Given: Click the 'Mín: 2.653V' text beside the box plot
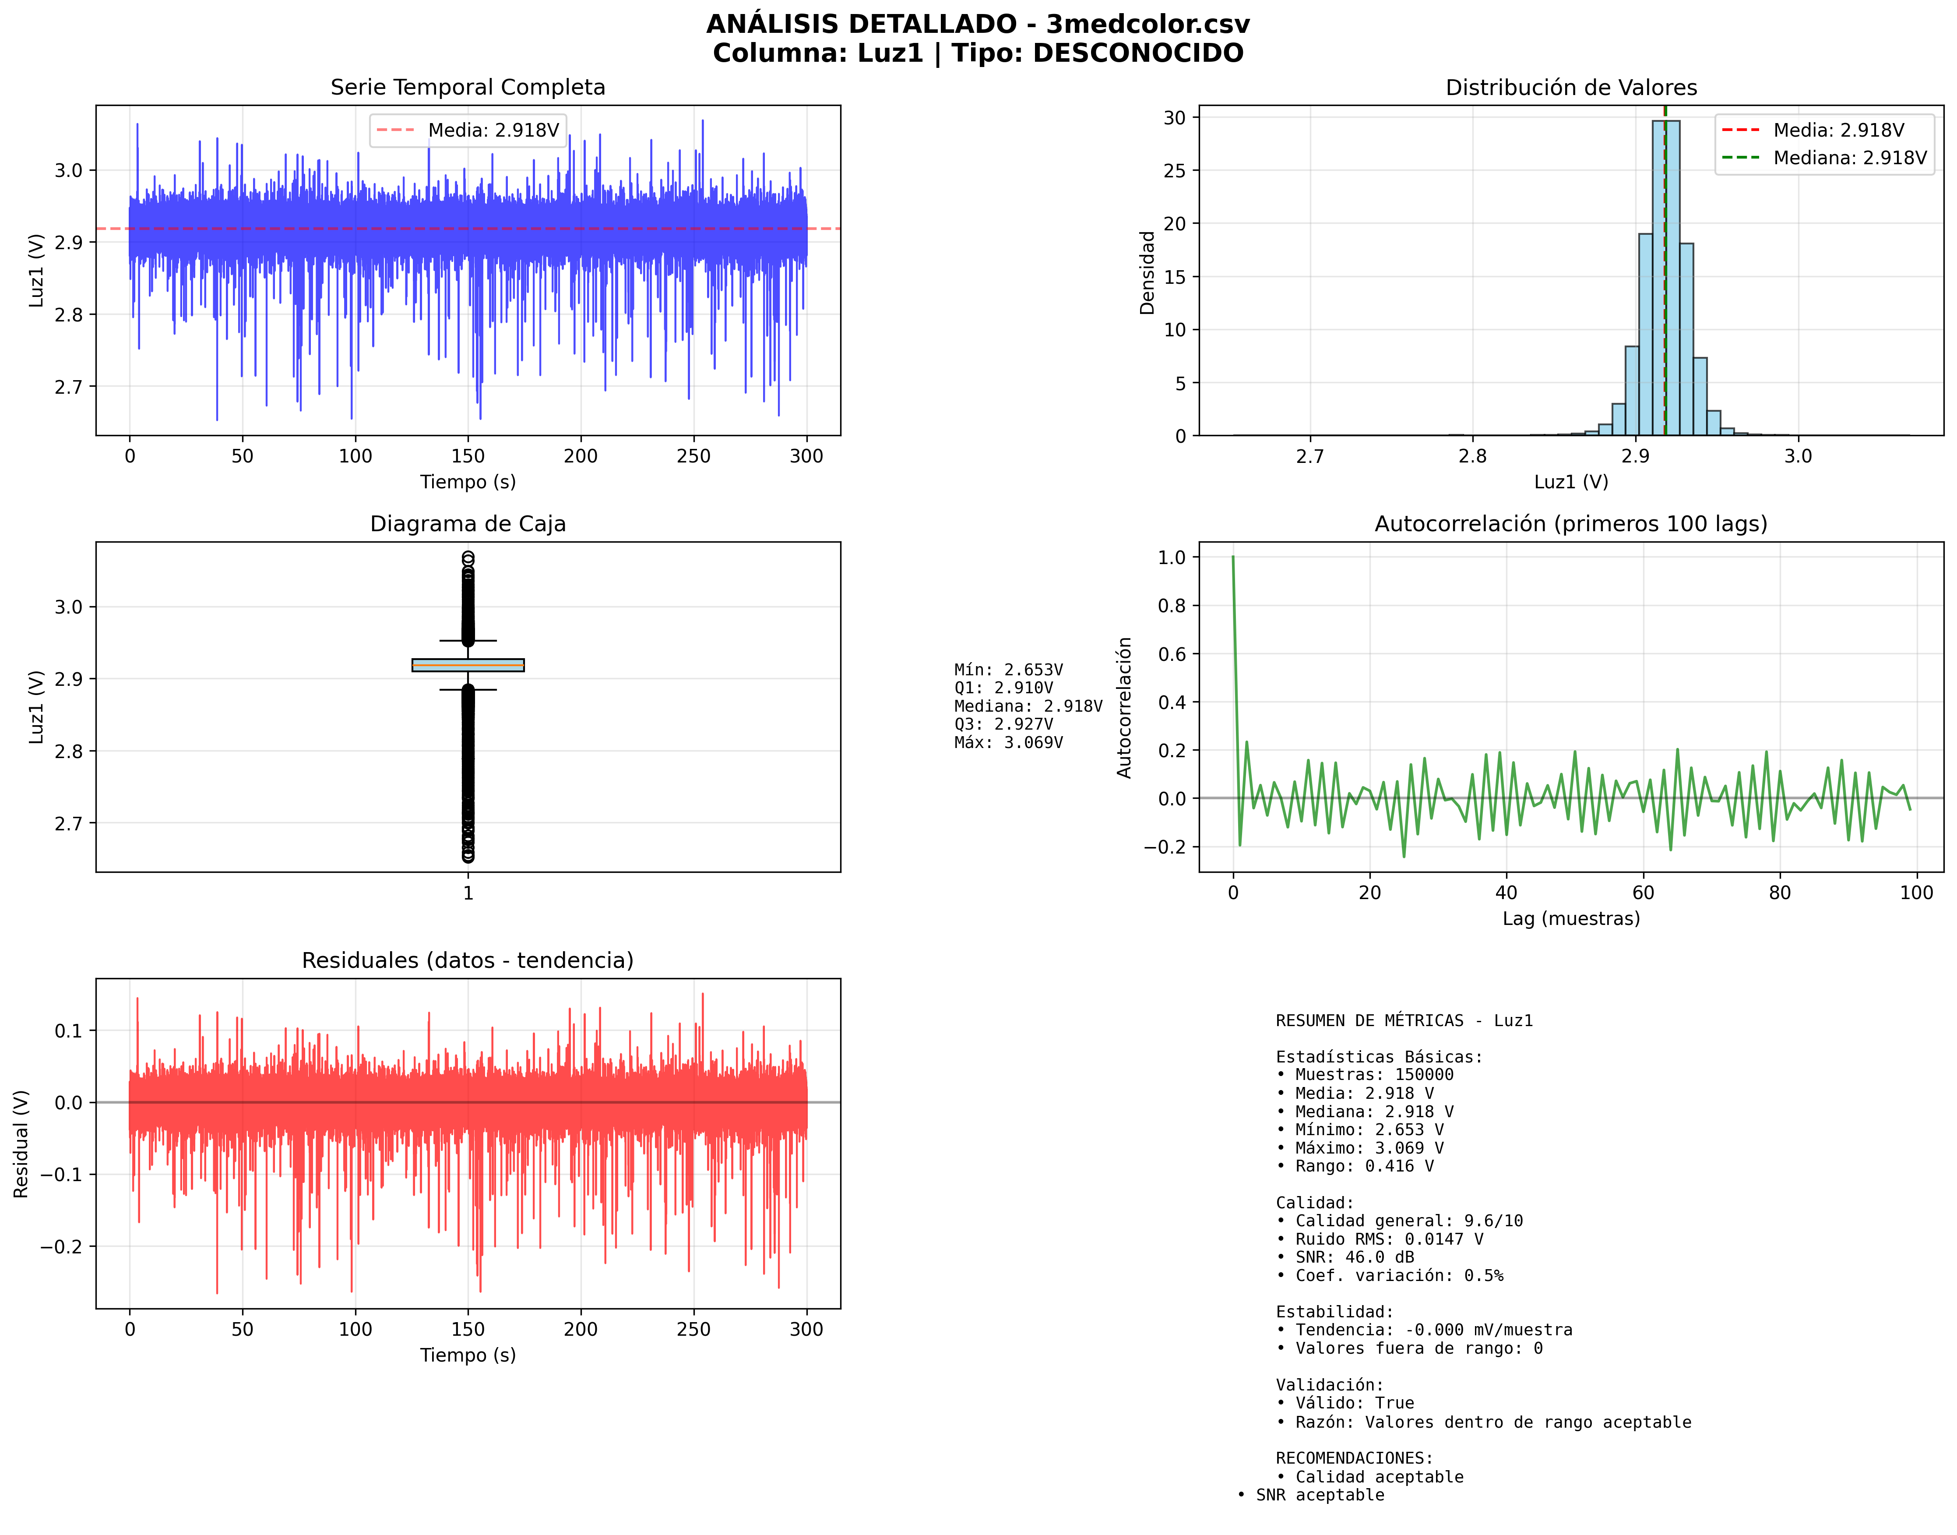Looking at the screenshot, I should (1008, 670).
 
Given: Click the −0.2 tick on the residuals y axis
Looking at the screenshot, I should (61, 1246).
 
